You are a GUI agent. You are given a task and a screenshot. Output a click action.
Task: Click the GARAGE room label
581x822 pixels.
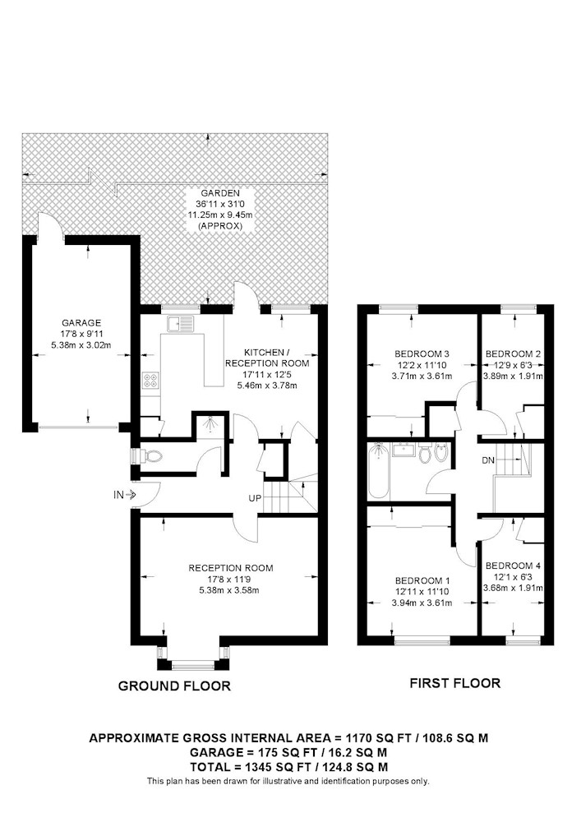(x=81, y=323)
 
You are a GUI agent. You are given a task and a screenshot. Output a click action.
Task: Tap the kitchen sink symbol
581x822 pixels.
(x=180, y=324)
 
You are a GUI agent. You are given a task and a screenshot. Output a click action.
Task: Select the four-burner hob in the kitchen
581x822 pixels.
(x=150, y=380)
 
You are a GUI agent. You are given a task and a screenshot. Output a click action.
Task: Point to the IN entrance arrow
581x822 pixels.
(x=131, y=494)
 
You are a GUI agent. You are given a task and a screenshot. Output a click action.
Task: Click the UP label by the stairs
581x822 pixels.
(x=255, y=499)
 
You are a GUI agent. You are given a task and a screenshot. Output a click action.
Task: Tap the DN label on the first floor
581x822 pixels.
(x=488, y=461)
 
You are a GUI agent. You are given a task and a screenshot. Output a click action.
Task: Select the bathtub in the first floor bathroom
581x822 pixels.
(x=378, y=471)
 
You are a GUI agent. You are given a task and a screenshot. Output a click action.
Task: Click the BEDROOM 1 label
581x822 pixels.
(x=422, y=581)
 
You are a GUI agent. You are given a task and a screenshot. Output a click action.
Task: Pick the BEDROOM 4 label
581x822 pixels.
(x=513, y=566)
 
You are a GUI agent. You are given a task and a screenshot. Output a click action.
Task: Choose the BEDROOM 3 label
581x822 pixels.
(x=422, y=353)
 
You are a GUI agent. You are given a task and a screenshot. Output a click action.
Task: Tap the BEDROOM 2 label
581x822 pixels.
(x=513, y=353)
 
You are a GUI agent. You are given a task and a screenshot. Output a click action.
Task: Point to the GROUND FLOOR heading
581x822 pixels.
(x=174, y=686)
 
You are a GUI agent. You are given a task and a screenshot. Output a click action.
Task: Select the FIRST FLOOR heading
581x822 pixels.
(x=454, y=683)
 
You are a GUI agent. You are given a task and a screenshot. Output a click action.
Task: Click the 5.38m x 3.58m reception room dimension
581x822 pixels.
(x=229, y=590)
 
